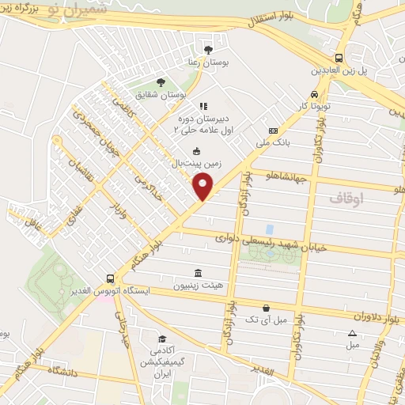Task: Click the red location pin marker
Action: pyautogui.click(x=204, y=187)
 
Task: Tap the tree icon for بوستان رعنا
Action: pyautogui.click(x=208, y=50)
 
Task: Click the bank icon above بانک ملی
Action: pyautogui.click(x=274, y=131)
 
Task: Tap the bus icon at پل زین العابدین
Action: pyautogui.click(x=339, y=58)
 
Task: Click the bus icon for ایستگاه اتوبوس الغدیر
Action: pyautogui.click(x=110, y=278)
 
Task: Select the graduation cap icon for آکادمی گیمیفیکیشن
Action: pyautogui.click(x=162, y=338)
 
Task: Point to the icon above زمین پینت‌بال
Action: pyautogui.click(x=197, y=152)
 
